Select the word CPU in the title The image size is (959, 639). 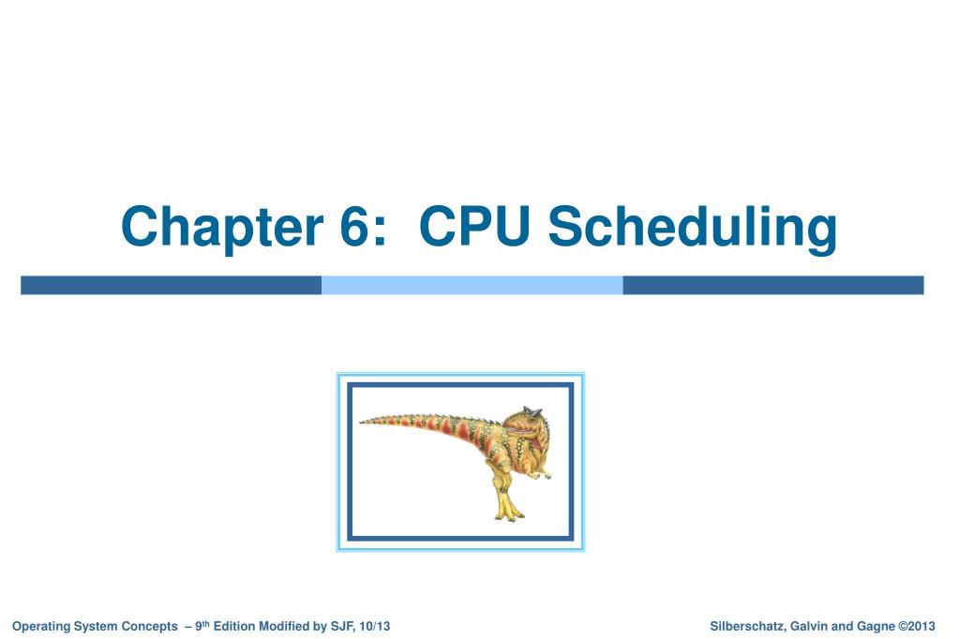pyautogui.click(x=474, y=228)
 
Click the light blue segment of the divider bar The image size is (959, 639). pyautogui.click(x=472, y=285)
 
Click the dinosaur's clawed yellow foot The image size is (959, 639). pyautogui.click(x=507, y=512)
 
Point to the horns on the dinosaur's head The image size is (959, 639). pyautogui.click(x=532, y=410)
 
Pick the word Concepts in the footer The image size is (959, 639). pyautogui.click(x=149, y=626)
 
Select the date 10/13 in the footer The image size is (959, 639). pyautogui.click(x=375, y=626)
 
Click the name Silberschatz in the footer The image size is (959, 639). pyautogui.click(x=746, y=626)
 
